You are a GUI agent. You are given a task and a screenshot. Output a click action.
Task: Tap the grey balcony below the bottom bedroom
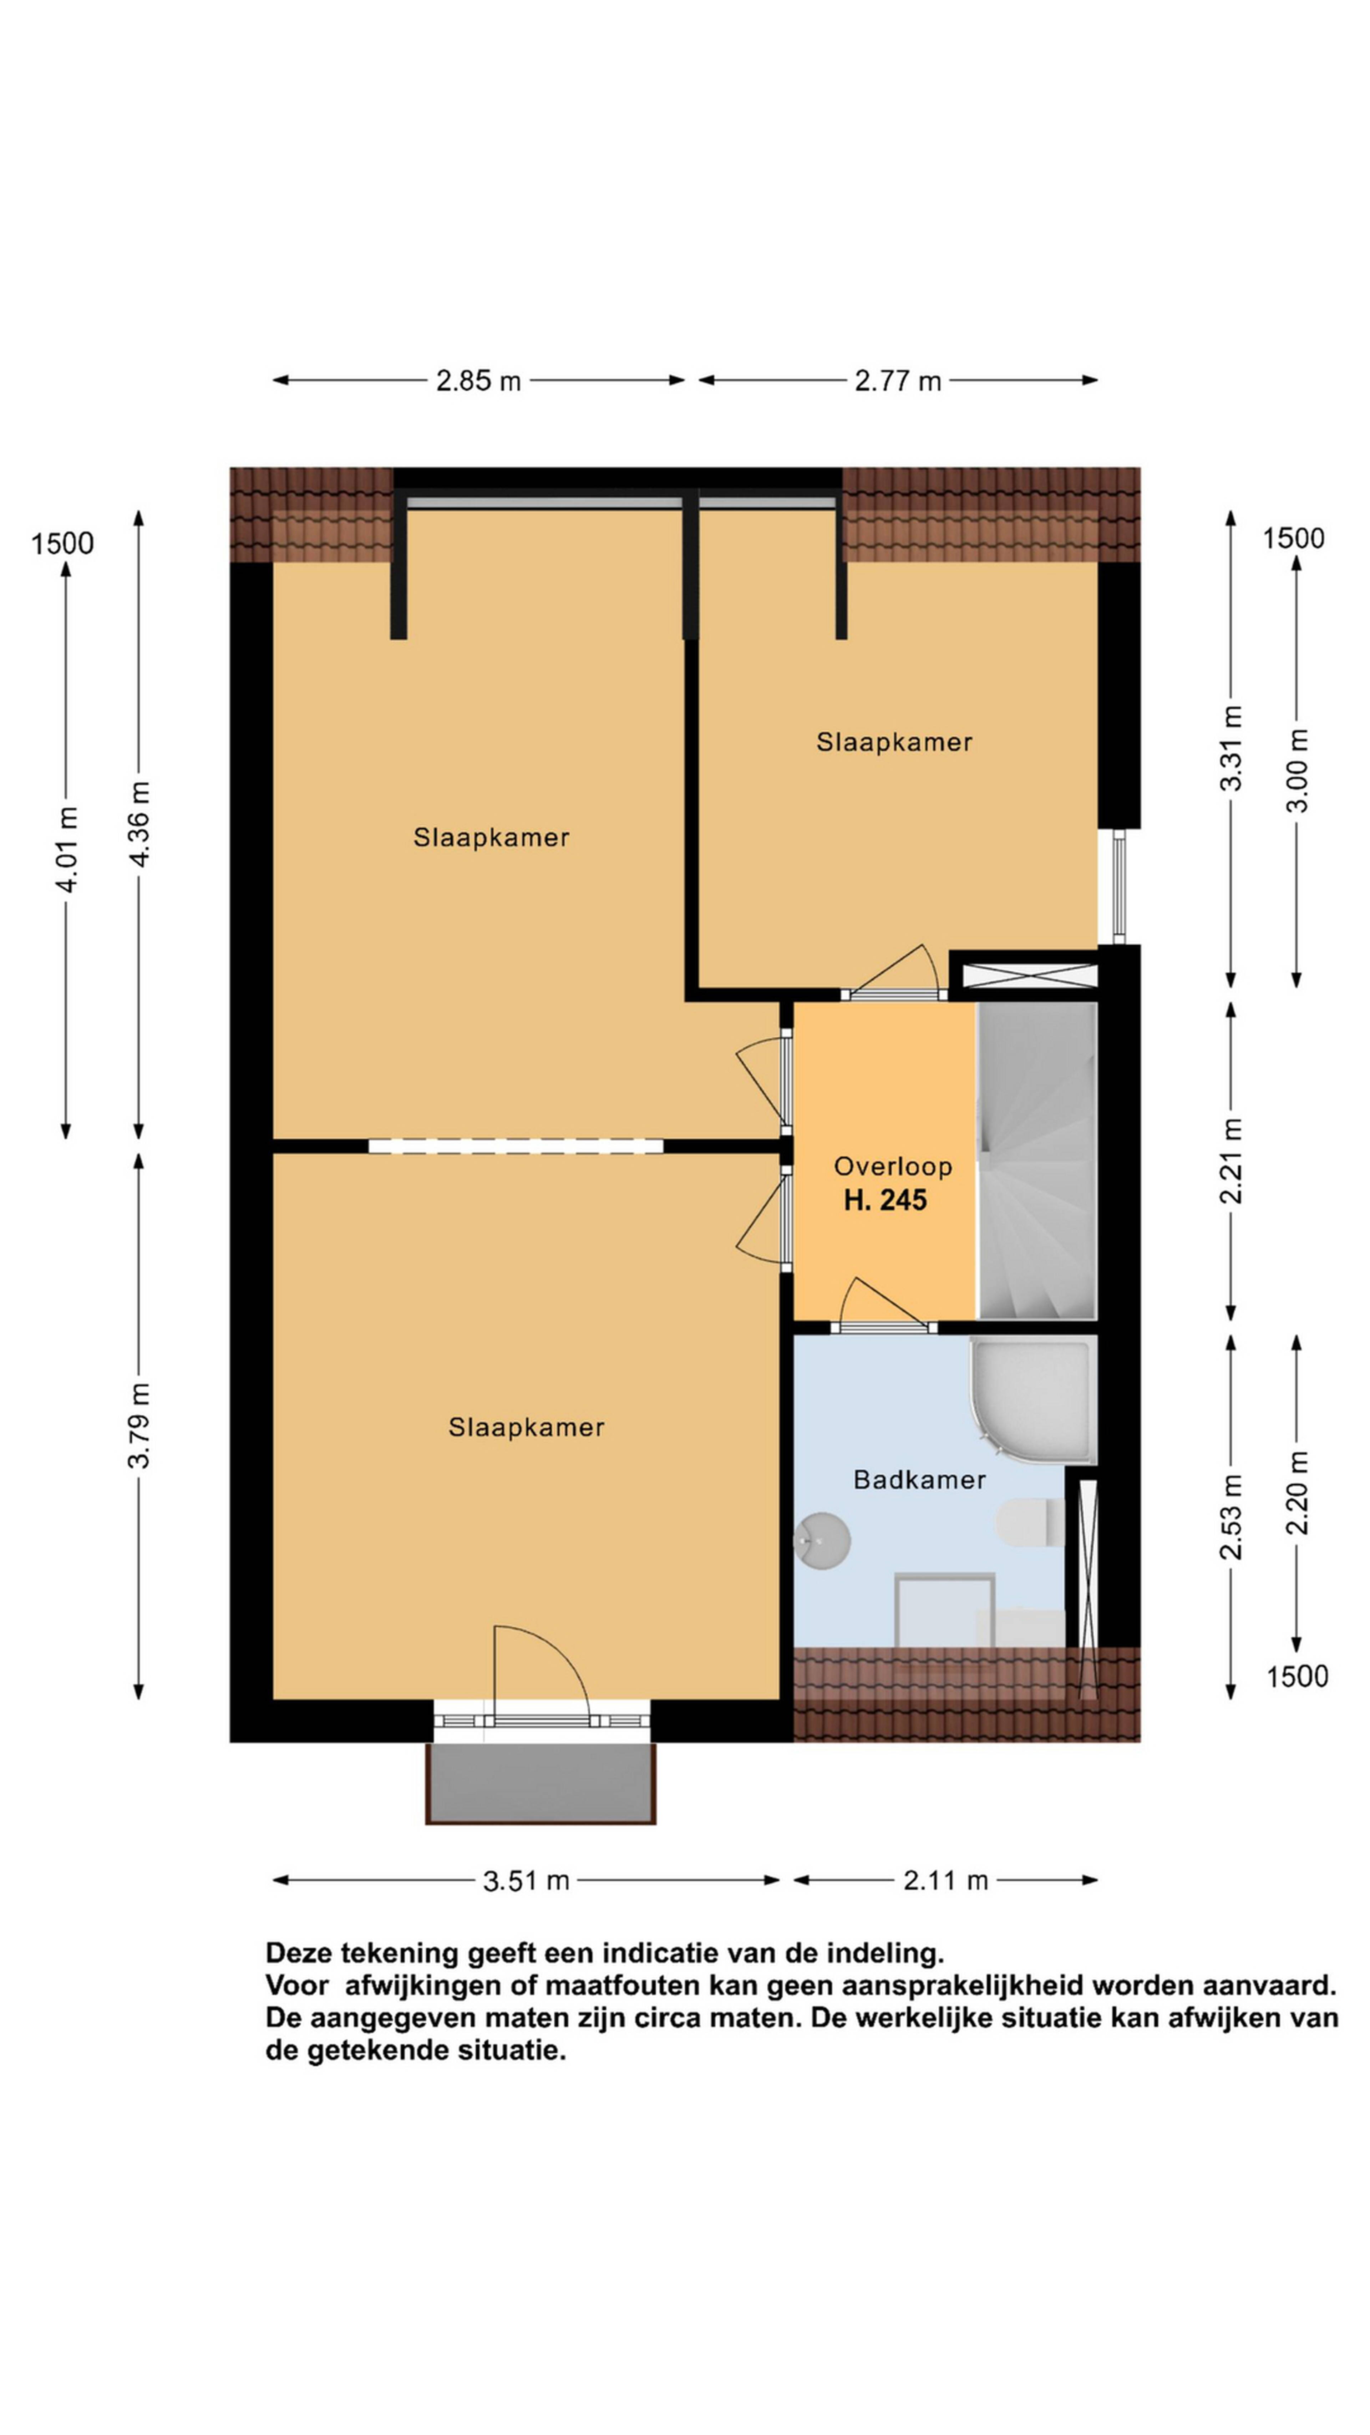(x=541, y=1783)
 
